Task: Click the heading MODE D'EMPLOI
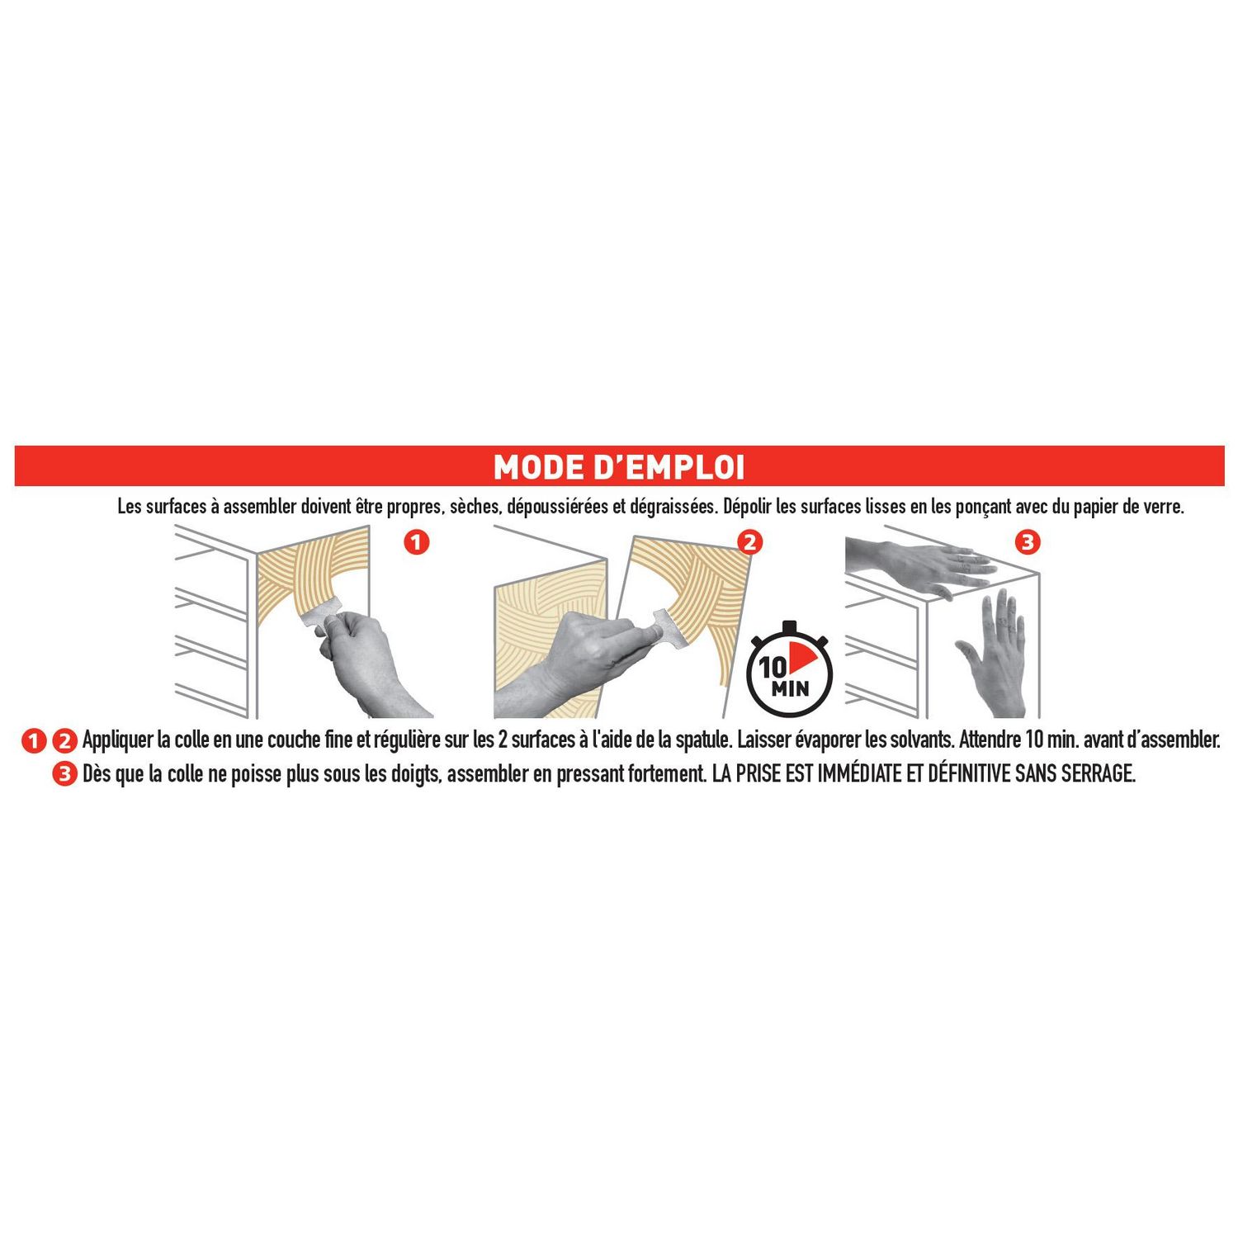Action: [619, 467]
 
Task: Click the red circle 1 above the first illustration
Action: [418, 543]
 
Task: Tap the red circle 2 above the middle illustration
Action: [750, 543]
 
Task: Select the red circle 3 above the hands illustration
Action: [1028, 543]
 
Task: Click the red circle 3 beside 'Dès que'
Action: [63, 775]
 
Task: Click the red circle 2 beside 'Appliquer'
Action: [64, 740]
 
